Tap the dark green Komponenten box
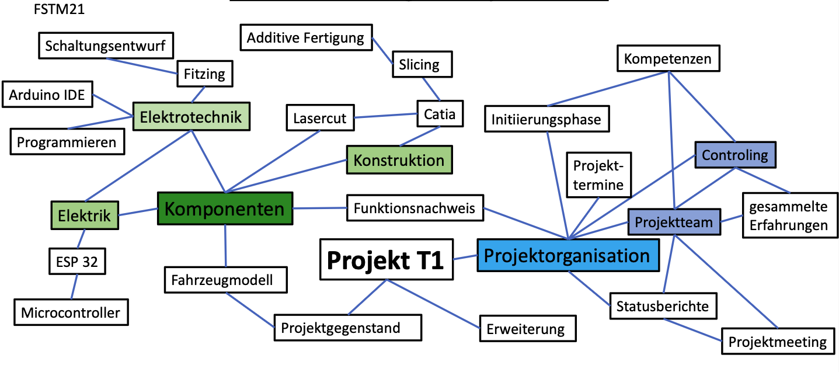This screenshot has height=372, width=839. coord(225,208)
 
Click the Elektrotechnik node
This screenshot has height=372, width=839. coord(191,116)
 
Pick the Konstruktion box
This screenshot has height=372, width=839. coord(399,159)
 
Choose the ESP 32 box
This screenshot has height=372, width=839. coord(76,262)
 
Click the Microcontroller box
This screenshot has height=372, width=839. coord(71,312)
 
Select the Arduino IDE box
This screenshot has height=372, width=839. coord(47,95)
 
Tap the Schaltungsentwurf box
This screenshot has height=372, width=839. coord(106,45)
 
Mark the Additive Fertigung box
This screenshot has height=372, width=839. coord(305,38)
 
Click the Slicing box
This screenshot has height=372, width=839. coord(419,64)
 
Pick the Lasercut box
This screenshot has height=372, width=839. coord(320,118)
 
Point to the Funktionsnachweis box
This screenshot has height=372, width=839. coord(415,207)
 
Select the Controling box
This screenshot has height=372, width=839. coord(735,155)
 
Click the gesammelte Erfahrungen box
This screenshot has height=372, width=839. coord(788,215)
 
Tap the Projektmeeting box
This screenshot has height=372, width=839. coord(777,341)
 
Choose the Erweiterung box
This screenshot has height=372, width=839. coord(525,329)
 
